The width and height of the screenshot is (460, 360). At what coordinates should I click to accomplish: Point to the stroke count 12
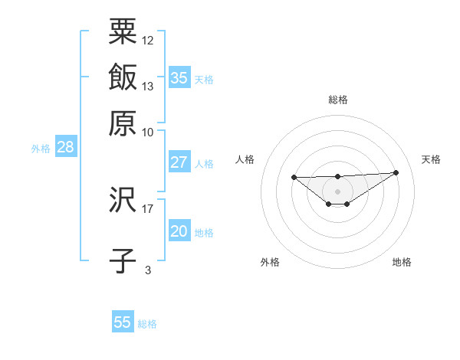(148, 40)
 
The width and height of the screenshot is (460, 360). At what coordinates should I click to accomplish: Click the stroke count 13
(148, 86)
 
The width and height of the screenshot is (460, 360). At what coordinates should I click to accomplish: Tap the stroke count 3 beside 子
(148, 270)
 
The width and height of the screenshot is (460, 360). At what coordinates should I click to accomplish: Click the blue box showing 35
(179, 77)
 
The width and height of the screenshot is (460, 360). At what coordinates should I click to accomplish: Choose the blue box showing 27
(179, 162)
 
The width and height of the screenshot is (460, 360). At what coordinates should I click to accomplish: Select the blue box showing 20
(179, 231)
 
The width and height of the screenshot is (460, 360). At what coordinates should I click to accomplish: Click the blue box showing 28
(65, 148)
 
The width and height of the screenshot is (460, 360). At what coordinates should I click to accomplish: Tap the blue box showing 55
(123, 322)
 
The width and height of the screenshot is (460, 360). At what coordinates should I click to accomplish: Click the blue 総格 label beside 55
(147, 323)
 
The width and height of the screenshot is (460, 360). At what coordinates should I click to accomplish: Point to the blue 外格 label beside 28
(41, 149)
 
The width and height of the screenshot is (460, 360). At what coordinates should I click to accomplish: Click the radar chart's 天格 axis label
(431, 159)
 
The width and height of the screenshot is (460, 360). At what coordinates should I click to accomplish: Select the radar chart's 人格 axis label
(245, 159)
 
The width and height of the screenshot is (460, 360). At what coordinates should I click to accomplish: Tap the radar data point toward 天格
(396, 172)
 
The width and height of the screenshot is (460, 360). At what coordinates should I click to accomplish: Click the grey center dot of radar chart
(337, 191)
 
